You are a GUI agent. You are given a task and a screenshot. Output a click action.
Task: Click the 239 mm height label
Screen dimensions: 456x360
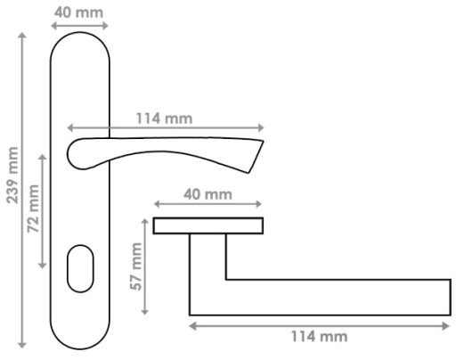(x=12, y=176)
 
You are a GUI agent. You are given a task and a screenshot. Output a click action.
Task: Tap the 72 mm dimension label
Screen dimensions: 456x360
(x=33, y=209)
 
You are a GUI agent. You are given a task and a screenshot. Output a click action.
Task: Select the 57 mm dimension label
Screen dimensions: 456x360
(x=136, y=266)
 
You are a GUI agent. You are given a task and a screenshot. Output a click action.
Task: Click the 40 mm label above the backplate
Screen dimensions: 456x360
(x=79, y=12)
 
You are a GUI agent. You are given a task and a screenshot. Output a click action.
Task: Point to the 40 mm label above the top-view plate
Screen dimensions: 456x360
(x=208, y=194)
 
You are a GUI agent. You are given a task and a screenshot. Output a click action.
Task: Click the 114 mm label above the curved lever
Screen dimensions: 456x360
(x=164, y=119)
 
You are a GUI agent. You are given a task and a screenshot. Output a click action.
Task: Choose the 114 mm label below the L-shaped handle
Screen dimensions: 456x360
(x=319, y=337)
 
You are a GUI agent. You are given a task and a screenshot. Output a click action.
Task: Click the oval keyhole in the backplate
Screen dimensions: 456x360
(x=80, y=268)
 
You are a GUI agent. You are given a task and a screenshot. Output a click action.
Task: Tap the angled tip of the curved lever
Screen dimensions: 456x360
(x=255, y=156)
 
